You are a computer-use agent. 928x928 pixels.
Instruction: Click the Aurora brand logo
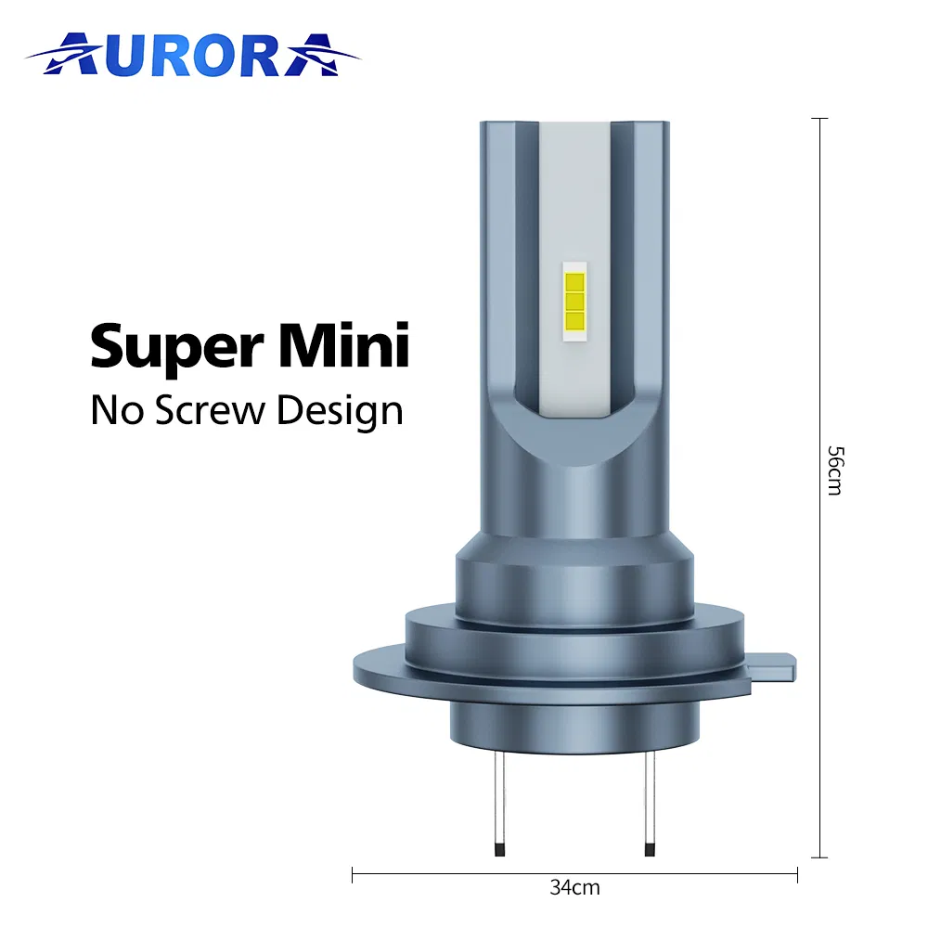click(193, 55)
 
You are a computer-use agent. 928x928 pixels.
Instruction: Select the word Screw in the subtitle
click(210, 409)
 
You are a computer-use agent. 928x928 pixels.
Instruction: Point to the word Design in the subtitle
click(340, 411)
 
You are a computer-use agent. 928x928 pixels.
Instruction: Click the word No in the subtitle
click(117, 409)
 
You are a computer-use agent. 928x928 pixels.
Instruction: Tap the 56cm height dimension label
click(835, 470)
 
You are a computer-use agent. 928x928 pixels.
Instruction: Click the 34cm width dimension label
click(574, 887)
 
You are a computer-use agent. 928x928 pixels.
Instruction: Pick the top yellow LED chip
click(574, 282)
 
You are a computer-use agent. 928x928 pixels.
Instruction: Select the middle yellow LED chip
click(574, 302)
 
